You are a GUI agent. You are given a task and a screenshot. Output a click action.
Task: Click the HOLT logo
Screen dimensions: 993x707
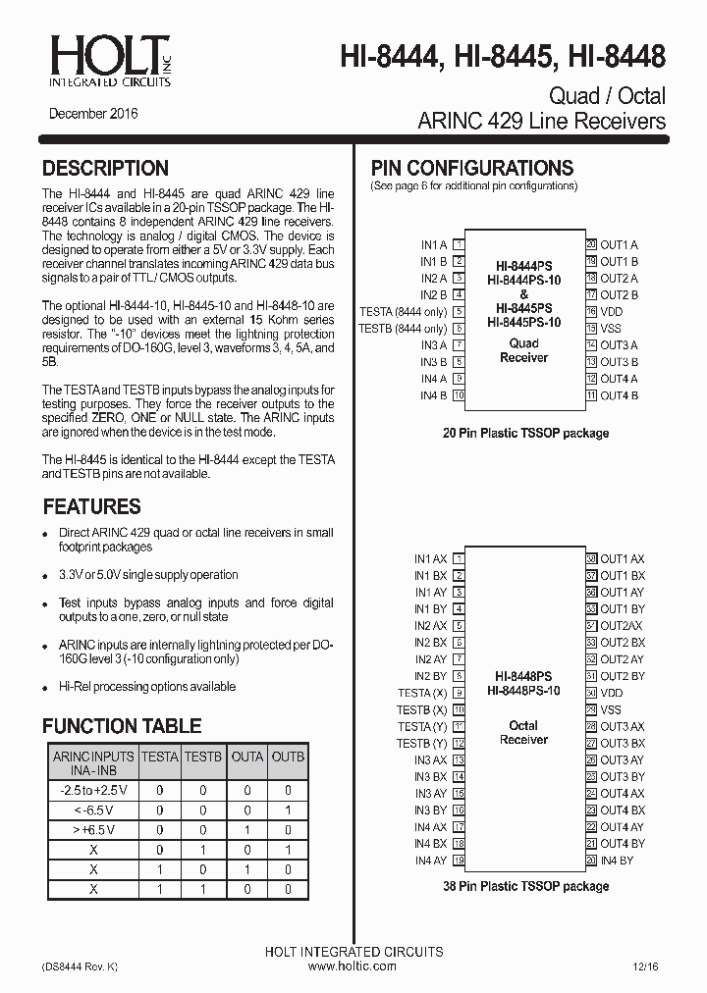click(x=107, y=59)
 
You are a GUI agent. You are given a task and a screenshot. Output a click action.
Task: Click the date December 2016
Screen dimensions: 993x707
click(x=93, y=114)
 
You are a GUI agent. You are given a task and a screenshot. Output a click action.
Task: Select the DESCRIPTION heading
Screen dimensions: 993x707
click(x=105, y=168)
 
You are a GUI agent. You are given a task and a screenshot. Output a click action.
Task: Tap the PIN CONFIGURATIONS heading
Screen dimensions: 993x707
click(x=471, y=168)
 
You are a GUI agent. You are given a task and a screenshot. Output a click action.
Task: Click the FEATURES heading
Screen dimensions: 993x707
click(x=91, y=507)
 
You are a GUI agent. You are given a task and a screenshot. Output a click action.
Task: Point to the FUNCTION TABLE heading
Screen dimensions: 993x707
click(x=122, y=726)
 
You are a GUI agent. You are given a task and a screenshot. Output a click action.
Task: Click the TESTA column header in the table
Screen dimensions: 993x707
click(x=160, y=757)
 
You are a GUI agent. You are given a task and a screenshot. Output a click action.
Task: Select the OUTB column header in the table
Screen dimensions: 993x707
click(x=288, y=757)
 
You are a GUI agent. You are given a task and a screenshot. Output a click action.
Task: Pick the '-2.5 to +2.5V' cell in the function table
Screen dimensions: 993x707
click(x=93, y=790)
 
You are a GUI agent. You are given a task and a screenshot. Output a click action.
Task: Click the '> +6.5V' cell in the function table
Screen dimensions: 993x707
click(x=93, y=829)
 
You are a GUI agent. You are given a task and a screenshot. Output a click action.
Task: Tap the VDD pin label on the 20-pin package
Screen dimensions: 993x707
click(x=611, y=312)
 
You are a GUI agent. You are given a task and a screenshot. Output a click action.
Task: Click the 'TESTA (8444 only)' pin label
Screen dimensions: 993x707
click(x=403, y=312)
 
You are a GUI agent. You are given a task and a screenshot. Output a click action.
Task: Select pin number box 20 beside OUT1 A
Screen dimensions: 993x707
click(x=591, y=245)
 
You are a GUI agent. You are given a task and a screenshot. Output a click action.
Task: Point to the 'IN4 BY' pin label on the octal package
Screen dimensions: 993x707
click(x=617, y=861)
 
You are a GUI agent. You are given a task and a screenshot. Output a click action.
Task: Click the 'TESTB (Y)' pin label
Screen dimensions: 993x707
click(x=422, y=744)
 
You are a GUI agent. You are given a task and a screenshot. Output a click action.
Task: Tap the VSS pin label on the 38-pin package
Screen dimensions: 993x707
click(x=611, y=709)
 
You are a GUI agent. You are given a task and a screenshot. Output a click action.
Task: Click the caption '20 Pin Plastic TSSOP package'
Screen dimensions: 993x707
click(x=524, y=433)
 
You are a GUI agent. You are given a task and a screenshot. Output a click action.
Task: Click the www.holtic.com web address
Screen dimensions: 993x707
click(x=353, y=967)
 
